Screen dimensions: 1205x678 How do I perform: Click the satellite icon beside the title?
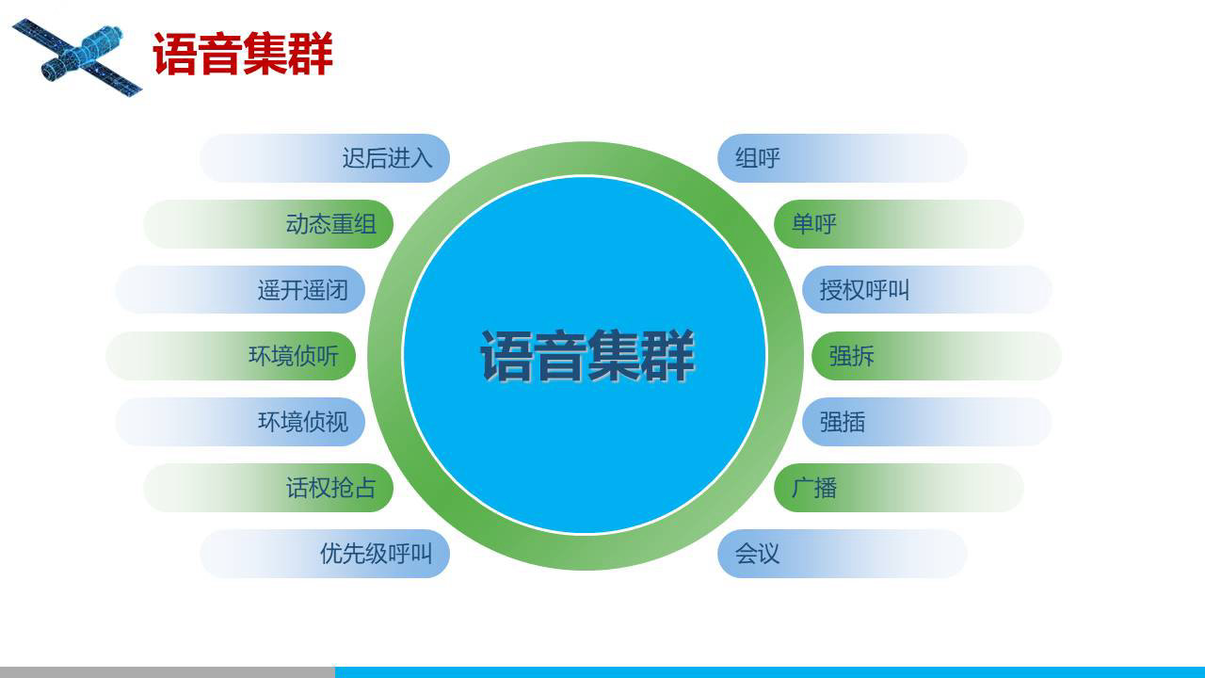pos(77,57)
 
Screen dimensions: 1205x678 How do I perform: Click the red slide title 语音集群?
pos(243,54)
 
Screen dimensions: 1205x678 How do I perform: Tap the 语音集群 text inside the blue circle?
pos(586,356)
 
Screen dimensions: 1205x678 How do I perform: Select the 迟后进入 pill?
pos(325,158)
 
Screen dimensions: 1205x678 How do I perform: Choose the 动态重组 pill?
pos(268,224)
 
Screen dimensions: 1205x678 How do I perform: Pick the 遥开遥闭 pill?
pos(240,290)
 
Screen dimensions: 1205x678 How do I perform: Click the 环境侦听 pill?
pos(231,356)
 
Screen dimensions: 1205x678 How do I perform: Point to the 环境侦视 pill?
pos(240,422)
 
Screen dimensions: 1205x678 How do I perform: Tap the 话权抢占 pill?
pos(268,488)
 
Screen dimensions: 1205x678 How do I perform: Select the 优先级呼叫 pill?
pos(325,554)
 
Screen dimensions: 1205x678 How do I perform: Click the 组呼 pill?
pos(843,158)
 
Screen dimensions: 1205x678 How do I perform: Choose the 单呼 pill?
pos(898,224)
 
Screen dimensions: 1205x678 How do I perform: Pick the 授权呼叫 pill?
pos(927,290)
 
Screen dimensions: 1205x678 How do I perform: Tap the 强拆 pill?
pos(936,356)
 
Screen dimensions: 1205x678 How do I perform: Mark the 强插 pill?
pos(927,422)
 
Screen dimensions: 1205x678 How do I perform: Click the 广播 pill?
pos(898,488)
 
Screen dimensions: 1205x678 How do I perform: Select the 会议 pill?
pos(843,554)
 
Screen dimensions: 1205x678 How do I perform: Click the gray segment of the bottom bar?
pos(168,672)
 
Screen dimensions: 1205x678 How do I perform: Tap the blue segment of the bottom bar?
pos(770,672)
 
